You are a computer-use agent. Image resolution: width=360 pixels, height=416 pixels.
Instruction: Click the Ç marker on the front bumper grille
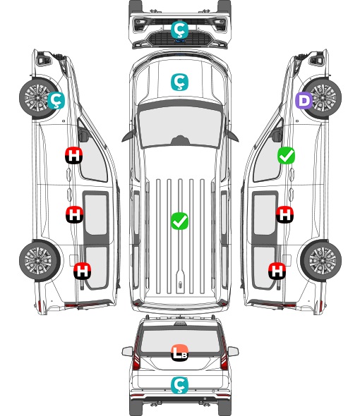(179, 30)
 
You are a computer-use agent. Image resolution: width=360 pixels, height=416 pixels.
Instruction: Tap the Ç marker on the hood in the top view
(179, 82)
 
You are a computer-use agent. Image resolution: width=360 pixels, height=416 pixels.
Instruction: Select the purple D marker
(304, 101)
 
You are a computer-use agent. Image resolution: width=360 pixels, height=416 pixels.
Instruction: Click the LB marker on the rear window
(179, 353)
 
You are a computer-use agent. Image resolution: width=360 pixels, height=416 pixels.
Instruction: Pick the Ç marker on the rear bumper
(179, 385)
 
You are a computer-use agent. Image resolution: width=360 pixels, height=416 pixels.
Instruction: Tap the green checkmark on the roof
(179, 221)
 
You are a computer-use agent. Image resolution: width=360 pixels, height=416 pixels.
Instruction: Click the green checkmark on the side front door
(286, 155)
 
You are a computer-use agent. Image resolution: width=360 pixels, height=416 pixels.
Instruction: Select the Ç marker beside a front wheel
(56, 101)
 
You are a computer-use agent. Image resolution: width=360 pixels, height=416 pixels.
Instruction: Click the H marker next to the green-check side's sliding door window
(284, 214)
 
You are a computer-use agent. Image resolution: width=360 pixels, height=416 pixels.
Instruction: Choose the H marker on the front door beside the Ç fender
(74, 155)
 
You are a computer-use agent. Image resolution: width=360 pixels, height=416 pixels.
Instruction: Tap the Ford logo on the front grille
(180, 41)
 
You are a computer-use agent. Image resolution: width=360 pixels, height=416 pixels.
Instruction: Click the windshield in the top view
(180, 126)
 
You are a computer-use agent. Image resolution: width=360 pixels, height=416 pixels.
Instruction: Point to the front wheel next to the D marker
(322, 97)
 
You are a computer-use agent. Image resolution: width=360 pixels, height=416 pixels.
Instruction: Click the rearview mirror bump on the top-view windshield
(180, 140)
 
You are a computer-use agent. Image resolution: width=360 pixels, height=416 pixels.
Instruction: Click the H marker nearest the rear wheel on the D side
(277, 271)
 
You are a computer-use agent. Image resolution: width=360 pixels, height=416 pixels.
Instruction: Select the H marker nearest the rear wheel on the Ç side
(83, 271)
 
